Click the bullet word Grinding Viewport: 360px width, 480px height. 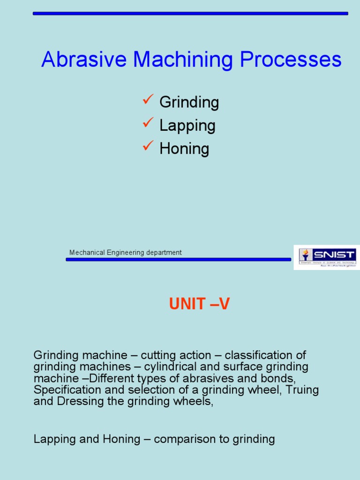tap(189, 102)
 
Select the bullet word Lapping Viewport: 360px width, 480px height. tap(187, 126)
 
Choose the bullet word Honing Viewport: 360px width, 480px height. tap(184, 149)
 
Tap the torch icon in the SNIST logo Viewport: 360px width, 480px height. tap(306, 255)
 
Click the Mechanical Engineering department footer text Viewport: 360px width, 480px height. tap(125, 253)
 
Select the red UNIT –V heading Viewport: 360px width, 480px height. tap(199, 305)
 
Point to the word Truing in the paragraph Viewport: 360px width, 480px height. tap(303, 390)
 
